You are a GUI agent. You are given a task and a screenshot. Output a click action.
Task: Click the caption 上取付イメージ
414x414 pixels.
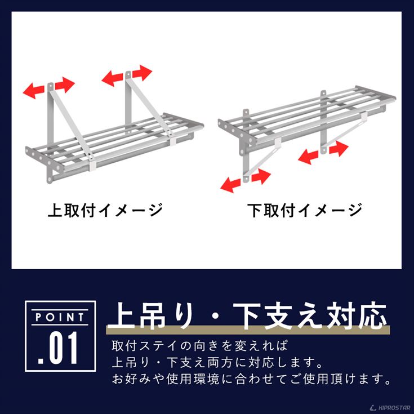point(105,211)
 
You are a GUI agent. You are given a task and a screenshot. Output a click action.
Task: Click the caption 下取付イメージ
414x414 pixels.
point(305,211)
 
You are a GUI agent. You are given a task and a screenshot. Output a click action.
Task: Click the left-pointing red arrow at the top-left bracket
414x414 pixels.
point(34,89)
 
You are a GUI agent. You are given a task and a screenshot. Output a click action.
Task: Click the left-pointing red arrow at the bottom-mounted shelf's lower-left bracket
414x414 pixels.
point(231,182)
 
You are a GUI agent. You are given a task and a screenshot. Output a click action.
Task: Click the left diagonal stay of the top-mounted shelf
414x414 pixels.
point(68,124)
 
